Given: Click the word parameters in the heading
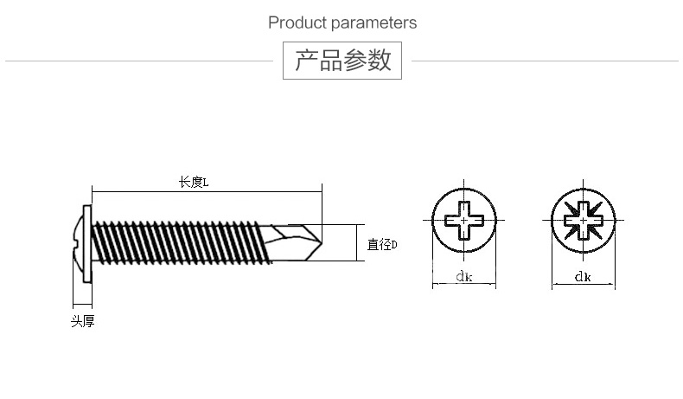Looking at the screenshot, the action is pos(373,23).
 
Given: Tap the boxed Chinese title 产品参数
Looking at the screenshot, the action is pos(342,61).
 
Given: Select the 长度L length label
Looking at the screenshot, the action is pos(194,182).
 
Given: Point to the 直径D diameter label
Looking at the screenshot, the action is pos(382,244).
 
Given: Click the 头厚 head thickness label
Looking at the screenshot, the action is pos(83,321).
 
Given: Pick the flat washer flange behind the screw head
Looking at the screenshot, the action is pos(87,244).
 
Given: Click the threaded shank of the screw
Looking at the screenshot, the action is pos(181,242).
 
